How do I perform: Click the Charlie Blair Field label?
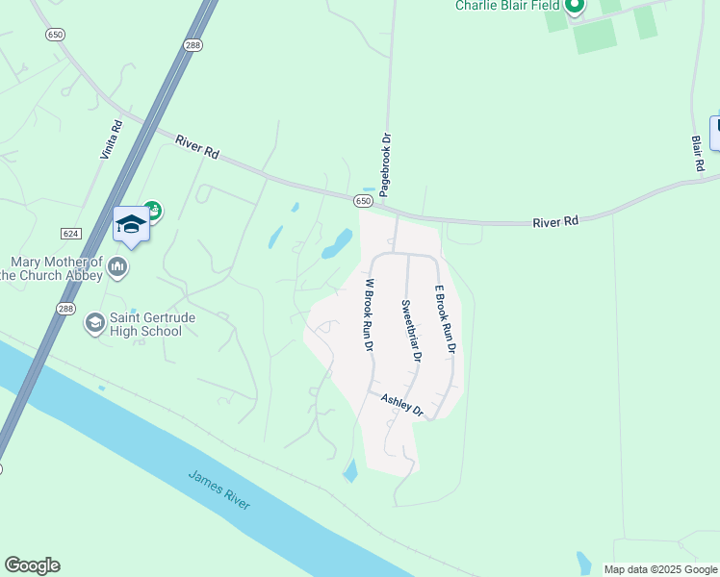506,6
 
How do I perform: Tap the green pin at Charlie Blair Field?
575,7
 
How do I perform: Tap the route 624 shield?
70,234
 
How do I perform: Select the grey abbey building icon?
117,266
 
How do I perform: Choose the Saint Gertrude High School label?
132,324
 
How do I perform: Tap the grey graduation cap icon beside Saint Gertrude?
94,322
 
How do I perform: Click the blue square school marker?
131,224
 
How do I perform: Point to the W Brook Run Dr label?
369,315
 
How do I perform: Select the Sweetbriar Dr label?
411,330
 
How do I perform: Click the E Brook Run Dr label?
444,319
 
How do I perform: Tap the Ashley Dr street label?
402,404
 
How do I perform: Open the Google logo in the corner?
32,565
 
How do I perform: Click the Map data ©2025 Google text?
660,569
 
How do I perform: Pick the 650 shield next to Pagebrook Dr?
362,201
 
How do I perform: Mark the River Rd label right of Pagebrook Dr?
556,221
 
